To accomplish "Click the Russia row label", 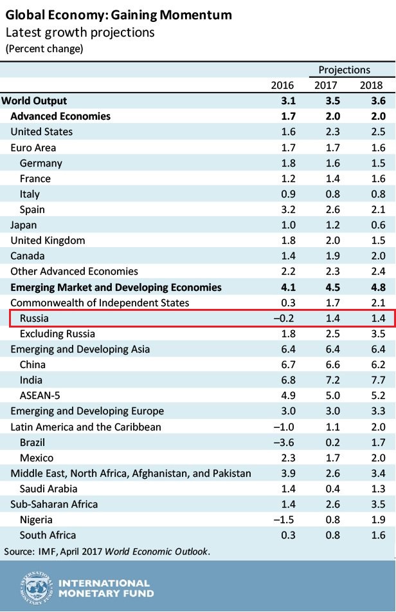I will coord(34,318).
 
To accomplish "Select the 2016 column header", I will coord(283,85).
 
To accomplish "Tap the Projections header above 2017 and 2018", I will coord(345,70).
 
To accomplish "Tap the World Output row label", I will coord(35,100).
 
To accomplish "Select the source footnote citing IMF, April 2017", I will coord(107,551).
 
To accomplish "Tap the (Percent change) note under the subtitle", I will coord(44,48).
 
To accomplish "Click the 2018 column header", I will coord(372,85).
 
